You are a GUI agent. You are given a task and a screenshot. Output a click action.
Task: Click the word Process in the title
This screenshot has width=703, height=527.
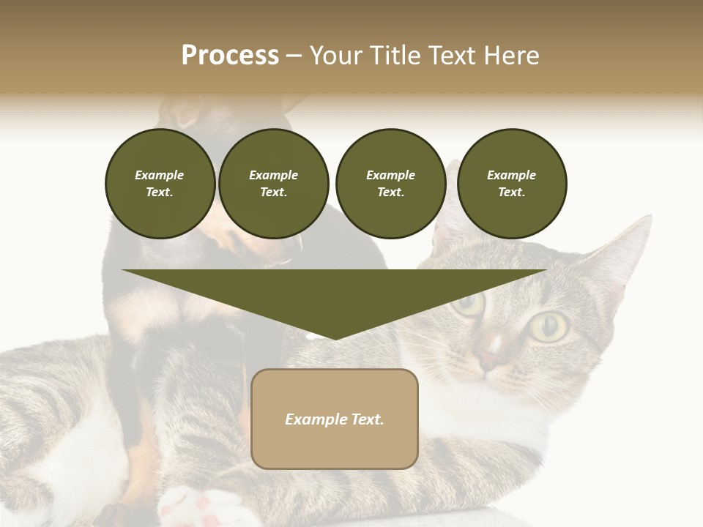pyautogui.click(x=230, y=56)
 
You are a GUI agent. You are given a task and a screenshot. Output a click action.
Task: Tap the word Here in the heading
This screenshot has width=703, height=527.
pyautogui.click(x=510, y=56)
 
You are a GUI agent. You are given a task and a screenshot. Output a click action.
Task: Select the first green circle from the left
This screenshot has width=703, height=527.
pyautogui.click(x=160, y=183)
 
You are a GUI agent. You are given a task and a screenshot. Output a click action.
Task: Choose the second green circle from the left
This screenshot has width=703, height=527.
pyautogui.click(x=273, y=183)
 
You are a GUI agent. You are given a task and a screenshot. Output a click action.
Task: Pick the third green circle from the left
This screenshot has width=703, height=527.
pyautogui.click(x=390, y=183)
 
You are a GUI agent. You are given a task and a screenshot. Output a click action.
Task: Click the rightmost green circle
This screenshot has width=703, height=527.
pyautogui.click(x=511, y=183)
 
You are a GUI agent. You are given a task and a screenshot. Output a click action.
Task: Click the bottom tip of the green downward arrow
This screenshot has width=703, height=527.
pyautogui.click(x=335, y=338)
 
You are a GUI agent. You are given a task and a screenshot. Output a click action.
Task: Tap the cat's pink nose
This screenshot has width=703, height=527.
pyautogui.click(x=488, y=359)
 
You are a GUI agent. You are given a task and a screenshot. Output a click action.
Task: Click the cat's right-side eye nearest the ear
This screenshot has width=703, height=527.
pyautogui.click(x=549, y=326)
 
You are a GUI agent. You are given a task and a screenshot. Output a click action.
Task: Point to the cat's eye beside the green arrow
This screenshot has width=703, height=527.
pyautogui.click(x=469, y=302)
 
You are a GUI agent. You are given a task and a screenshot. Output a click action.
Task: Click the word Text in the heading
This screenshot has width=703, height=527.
pyautogui.click(x=451, y=56)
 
